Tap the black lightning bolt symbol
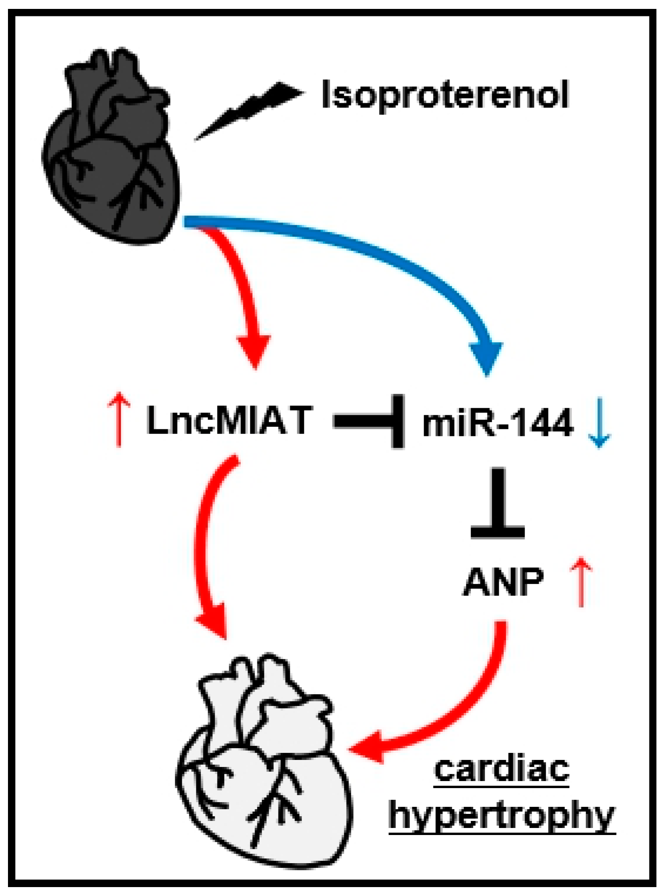249,110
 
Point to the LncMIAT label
229,420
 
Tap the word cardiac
501,770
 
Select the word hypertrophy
501,817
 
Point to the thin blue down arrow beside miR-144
599,422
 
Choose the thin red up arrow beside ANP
581,582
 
